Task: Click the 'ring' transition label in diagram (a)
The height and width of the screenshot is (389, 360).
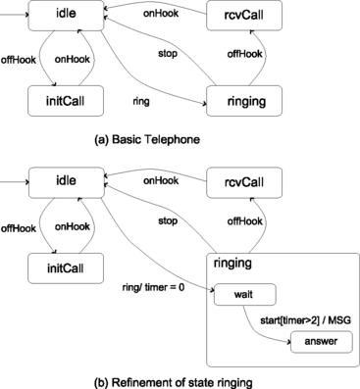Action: click(139, 100)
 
